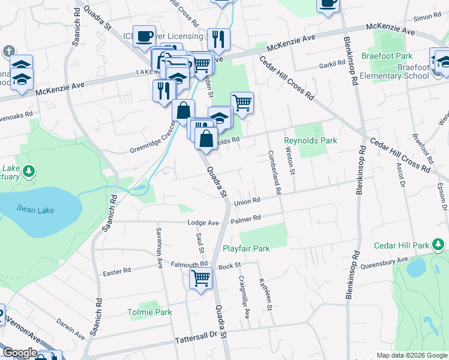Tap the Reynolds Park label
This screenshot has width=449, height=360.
point(310,140)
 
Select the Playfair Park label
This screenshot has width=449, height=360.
point(246,248)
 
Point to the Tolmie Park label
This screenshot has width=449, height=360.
point(149,312)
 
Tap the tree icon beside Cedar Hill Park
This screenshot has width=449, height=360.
point(439,245)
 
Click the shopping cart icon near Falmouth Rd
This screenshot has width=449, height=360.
point(200,278)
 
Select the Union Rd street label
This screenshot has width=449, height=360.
point(247,200)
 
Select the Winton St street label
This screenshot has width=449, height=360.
point(292,161)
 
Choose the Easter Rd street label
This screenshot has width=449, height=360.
point(116,271)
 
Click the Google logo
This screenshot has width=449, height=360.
point(19,353)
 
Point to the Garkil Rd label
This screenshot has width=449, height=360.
point(330,64)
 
